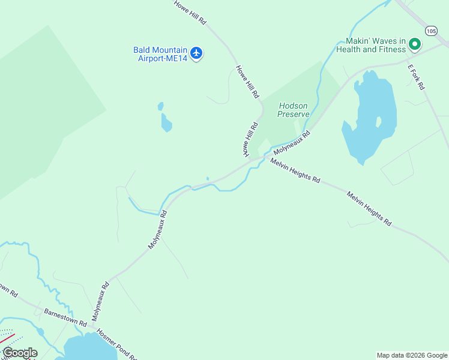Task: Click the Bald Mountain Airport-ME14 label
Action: [x=160, y=54]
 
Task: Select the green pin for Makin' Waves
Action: [x=414, y=44]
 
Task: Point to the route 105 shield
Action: [x=431, y=30]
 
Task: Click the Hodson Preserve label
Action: [x=294, y=109]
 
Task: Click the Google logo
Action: [x=20, y=353]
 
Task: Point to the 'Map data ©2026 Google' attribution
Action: [x=411, y=355]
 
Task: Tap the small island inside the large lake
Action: [x=378, y=121]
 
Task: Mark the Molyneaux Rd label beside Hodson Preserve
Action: [x=293, y=144]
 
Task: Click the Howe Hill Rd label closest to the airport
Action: [x=247, y=82]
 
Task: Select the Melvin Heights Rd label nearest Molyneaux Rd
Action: [x=295, y=171]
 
